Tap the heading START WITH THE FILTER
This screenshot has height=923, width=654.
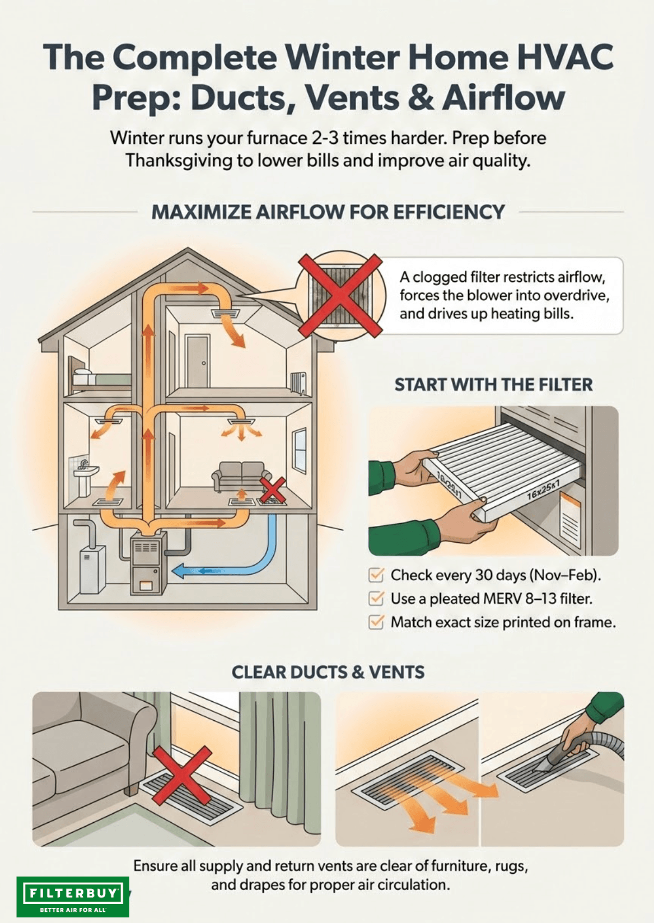493,384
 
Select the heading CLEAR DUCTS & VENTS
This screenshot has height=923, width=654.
328,672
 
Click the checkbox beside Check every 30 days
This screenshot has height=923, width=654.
376,575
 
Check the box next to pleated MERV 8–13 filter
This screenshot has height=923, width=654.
376,598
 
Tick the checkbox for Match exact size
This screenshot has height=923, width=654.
376,622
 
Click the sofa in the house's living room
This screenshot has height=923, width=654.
241,476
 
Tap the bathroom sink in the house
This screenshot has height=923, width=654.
86,478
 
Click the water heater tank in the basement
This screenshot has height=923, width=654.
92,568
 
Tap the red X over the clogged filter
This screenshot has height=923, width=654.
340,296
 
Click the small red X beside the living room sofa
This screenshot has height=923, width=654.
272,490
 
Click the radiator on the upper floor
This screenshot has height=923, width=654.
298,384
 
